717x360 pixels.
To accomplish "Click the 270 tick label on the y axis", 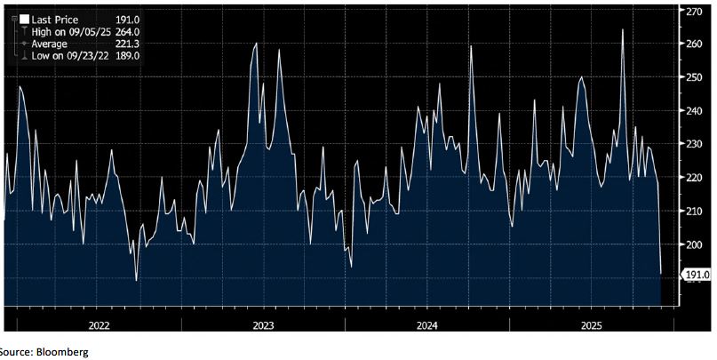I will [x=693, y=12].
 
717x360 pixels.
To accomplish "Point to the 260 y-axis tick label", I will [x=693, y=44].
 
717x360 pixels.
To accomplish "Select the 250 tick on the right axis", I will [x=693, y=77].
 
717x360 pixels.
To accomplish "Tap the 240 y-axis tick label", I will [x=693, y=111].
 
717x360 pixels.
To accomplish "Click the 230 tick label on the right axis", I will [x=693, y=144].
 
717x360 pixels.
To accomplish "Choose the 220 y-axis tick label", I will [x=693, y=178].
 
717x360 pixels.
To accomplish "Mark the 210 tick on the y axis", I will [x=693, y=211].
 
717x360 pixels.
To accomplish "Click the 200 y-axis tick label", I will [x=693, y=244].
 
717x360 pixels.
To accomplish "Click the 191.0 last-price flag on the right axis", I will [x=695, y=276].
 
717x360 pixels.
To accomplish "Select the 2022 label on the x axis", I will [x=99, y=325].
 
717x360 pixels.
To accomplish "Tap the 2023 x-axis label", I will [x=263, y=325].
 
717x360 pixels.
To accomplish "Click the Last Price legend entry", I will [x=53, y=18].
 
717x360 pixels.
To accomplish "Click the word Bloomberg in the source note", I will [x=61, y=352].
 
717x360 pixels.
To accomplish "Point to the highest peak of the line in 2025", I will [x=622, y=30].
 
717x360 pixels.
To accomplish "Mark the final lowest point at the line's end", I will [x=661, y=273].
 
